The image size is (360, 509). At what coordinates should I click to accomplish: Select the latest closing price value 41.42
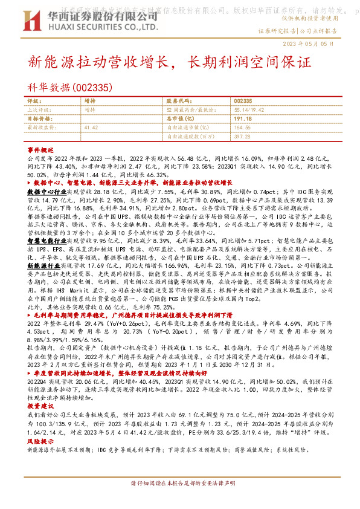[x=91, y=128]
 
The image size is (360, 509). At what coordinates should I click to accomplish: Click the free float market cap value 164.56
[x=242, y=128]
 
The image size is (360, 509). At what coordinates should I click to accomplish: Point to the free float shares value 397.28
[x=242, y=137]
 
